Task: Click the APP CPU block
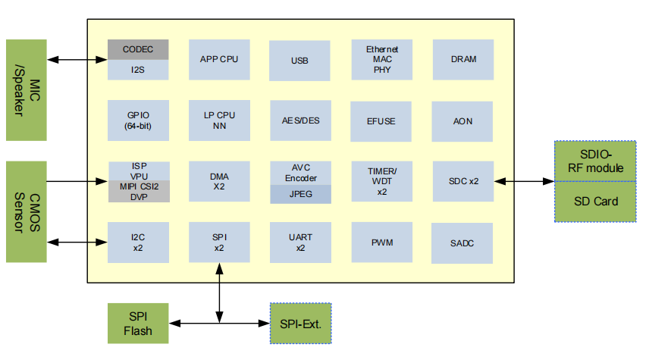(x=219, y=59)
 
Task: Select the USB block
(x=299, y=61)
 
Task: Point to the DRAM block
(x=463, y=59)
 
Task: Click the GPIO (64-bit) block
(x=138, y=121)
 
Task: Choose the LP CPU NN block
(x=219, y=121)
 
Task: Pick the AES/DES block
(x=300, y=121)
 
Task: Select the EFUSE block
(x=381, y=121)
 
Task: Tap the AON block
(x=463, y=121)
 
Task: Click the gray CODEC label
(x=138, y=49)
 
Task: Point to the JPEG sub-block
(x=300, y=194)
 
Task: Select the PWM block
(x=381, y=243)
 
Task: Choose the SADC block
(x=463, y=243)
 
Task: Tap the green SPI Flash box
(x=138, y=324)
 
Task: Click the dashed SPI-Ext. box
(x=301, y=324)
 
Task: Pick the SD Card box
(x=595, y=202)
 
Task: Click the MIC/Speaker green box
(x=26, y=89)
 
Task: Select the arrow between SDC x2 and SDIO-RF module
(x=524, y=181)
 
